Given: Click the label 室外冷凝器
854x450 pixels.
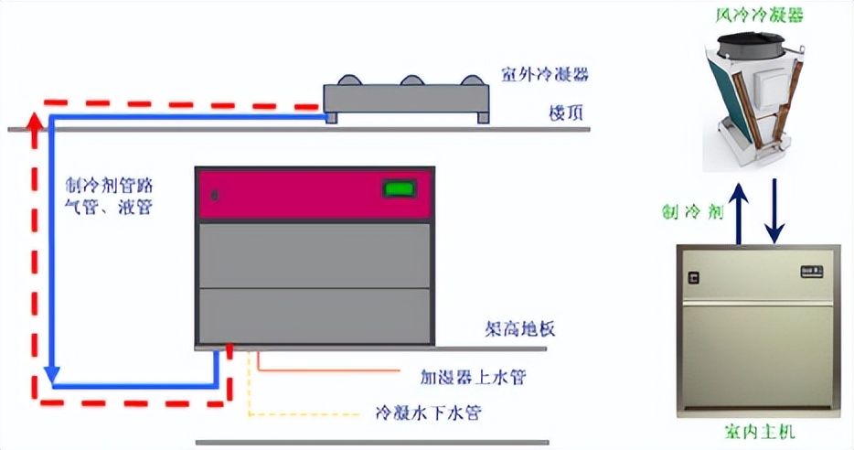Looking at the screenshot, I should [x=544, y=74].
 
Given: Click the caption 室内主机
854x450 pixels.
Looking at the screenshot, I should [x=758, y=433].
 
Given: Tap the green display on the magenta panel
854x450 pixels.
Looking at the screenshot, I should [x=399, y=190].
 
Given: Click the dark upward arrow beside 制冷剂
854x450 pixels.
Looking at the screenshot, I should [x=739, y=210].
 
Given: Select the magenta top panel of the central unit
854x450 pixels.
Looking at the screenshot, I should [x=314, y=194].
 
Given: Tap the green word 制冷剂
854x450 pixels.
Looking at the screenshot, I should [x=694, y=211].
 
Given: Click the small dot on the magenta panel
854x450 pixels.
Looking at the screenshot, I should [x=215, y=194].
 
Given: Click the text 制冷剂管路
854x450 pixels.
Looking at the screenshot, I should [x=107, y=183].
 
